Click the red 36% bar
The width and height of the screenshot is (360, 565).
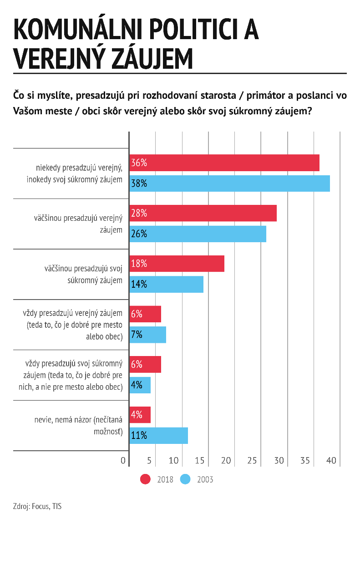click(224, 163)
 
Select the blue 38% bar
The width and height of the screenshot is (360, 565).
click(230, 183)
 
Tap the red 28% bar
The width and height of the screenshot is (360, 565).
click(203, 213)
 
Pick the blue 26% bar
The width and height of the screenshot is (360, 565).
click(198, 234)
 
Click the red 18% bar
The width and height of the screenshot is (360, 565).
click(177, 264)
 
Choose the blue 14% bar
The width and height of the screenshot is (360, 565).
click(167, 285)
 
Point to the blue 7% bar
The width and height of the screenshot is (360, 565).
click(148, 335)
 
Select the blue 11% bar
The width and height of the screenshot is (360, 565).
click(159, 435)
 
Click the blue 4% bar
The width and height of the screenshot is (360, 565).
click(140, 385)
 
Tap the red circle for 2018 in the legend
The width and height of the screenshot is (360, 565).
click(145, 479)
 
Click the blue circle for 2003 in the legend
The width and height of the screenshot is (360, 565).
click(185, 479)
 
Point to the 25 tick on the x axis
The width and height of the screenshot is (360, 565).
click(252, 460)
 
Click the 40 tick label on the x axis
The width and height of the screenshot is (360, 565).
click(331, 460)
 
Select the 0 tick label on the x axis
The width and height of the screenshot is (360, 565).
click(123, 460)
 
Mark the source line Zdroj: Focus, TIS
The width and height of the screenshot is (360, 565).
click(37, 506)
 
